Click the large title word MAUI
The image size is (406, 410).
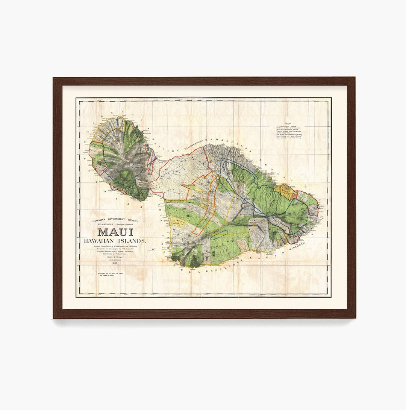pyautogui.click(x=115, y=232)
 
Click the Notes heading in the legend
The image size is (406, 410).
pyautogui.click(x=288, y=123)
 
